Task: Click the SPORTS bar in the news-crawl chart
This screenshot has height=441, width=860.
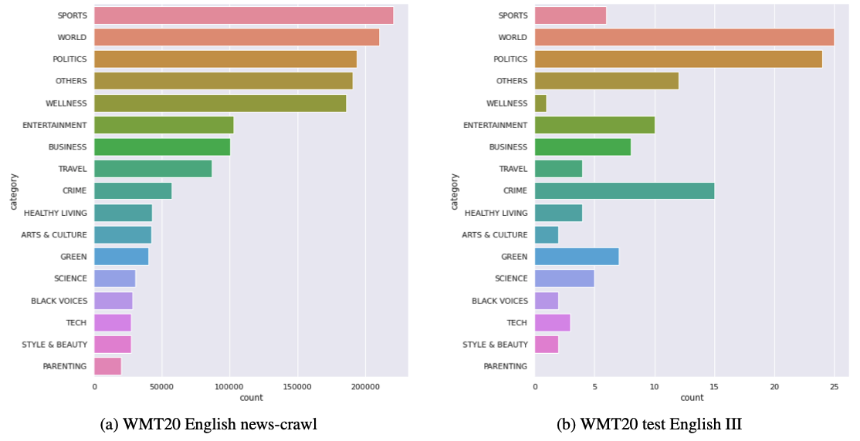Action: coord(243,15)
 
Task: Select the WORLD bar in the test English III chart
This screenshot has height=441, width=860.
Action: coord(684,37)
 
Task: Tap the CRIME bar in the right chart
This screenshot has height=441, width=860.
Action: coord(624,190)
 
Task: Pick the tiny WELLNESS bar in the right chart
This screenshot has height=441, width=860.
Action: coord(540,103)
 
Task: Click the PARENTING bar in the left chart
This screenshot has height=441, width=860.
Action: coord(107,366)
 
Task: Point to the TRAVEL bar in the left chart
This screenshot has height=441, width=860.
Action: coord(153,169)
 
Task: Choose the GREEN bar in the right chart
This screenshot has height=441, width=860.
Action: coord(576,257)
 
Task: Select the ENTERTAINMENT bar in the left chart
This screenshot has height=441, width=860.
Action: coord(164,125)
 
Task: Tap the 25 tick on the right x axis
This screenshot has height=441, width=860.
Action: coord(834,385)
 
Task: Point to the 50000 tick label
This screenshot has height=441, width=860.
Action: coord(161,385)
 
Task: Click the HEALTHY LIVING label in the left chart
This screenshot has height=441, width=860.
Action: coord(56,213)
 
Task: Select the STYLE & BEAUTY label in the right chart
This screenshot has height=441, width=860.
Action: coord(495,345)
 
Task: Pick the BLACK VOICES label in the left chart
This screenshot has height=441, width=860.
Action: coord(59,301)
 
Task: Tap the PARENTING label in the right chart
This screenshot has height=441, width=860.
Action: coord(506,366)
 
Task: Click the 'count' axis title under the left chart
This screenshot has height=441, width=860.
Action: coord(251,398)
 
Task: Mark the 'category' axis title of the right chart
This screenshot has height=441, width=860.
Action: coord(455,191)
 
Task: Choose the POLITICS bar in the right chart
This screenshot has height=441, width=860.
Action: coord(678,59)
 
